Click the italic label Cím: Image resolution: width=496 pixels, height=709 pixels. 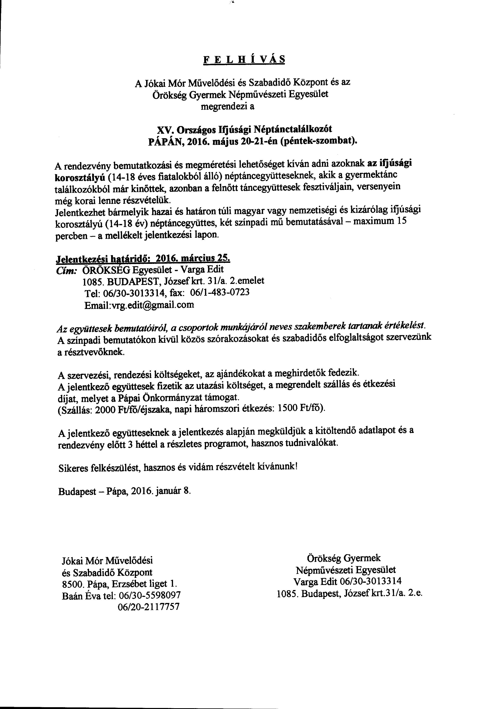click(65, 270)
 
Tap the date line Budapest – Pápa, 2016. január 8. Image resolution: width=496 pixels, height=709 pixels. click(124, 491)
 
